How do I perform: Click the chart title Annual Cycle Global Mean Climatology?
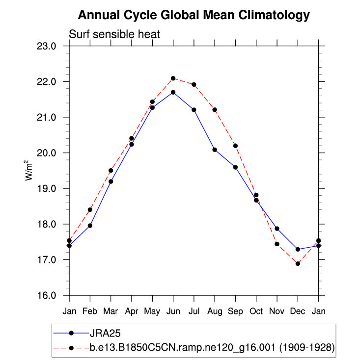[x=194, y=15]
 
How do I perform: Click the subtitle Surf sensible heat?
[x=114, y=34]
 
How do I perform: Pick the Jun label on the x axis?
[x=173, y=311]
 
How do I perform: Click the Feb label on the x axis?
[x=90, y=311]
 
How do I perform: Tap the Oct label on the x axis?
[x=256, y=311]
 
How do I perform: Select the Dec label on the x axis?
[x=298, y=311]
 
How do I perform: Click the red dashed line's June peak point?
[x=173, y=78]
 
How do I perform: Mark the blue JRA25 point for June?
[x=173, y=92]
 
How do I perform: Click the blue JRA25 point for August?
[x=215, y=150]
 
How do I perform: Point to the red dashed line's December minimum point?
[x=298, y=264]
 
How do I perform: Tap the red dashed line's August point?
[x=215, y=110]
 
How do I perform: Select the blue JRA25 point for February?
[x=90, y=226]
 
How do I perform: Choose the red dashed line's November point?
[x=277, y=244]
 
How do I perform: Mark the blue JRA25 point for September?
[x=235, y=167]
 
